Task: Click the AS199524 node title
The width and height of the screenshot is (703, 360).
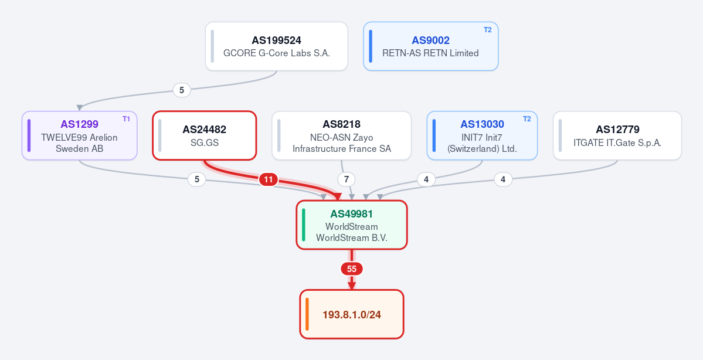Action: [x=276, y=40]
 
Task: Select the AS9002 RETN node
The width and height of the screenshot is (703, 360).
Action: [x=431, y=46]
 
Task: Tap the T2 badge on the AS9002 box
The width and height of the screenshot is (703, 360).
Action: [x=487, y=30]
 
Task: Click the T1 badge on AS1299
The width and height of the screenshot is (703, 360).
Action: [x=126, y=119]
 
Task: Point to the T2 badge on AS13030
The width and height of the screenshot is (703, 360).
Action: [x=527, y=119]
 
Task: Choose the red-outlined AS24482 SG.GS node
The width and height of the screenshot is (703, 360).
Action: [x=205, y=135]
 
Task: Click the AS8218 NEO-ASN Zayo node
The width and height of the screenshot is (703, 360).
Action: [x=342, y=135]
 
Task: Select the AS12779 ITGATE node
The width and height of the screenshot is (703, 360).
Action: [x=617, y=135]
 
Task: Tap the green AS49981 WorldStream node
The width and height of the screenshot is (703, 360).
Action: [x=352, y=225]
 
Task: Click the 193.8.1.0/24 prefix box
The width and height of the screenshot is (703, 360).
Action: [x=352, y=314]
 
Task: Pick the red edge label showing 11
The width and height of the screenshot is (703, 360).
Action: [x=268, y=180]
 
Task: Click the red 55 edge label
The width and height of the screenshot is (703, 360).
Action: [x=352, y=269]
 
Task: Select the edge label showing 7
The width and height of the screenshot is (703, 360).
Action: [x=346, y=180]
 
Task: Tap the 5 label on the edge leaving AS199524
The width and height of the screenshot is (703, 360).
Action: [x=182, y=90]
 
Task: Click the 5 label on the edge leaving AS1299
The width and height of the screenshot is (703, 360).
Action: [x=196, y=180]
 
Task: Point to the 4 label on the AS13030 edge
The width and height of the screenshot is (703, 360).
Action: [x=426, y=180]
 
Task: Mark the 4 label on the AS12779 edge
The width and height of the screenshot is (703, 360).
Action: [x=503, y=180]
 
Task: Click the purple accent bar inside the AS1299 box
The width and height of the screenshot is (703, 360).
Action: [x=29, y=135]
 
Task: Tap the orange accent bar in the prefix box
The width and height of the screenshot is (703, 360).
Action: [x=307, y=314]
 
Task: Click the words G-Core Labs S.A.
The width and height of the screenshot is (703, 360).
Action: [x=294, y=53]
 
